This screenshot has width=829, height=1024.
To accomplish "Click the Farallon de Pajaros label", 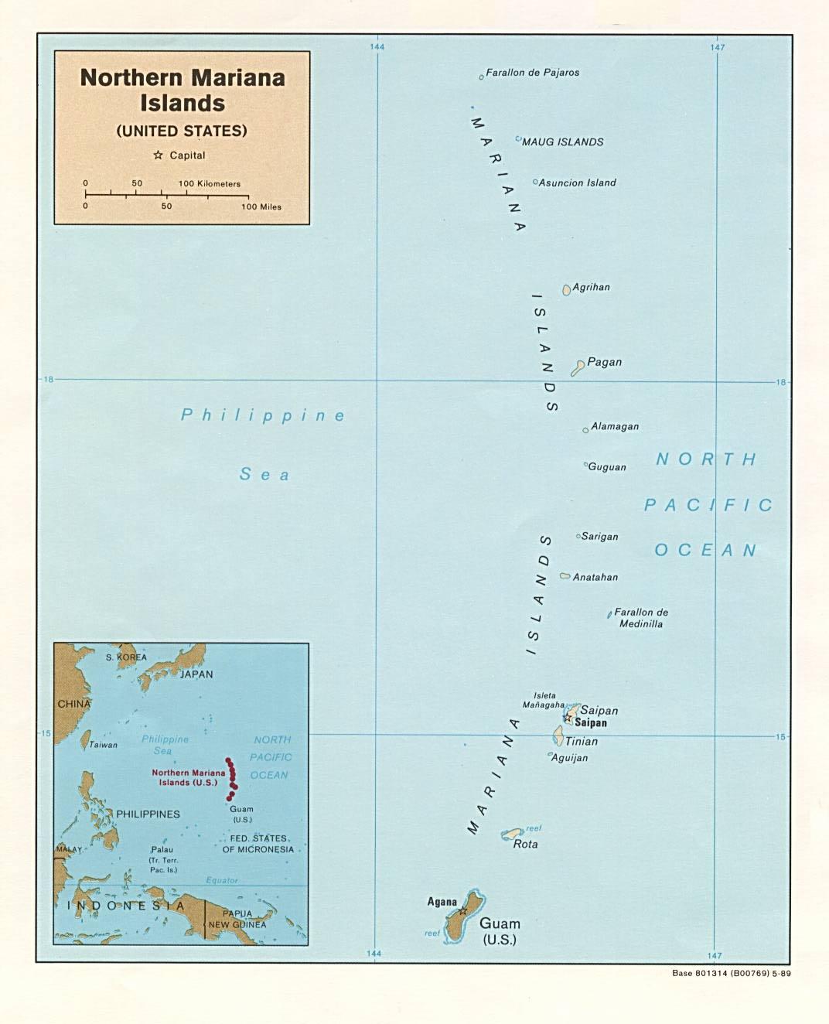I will click(532, 73).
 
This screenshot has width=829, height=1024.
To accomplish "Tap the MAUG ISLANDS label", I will click(562, 142).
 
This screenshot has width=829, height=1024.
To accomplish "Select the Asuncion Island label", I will click(577, 183).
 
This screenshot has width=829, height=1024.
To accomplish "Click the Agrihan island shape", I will click(567, 290).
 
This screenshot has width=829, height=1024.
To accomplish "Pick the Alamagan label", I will click(615, 426).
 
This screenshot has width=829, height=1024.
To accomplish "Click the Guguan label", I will click(607, 467).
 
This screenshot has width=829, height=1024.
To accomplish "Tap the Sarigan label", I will click(599, 537).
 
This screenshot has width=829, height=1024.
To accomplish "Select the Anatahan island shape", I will click(565, 576).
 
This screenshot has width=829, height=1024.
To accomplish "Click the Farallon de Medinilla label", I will click(641, 618).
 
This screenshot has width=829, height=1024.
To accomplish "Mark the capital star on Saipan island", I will click(568, 719).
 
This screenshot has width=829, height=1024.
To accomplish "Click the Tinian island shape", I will click(558, 736).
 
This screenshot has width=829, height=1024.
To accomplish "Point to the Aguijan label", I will click(569, 758).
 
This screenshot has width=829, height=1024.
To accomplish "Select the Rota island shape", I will click(512, 834).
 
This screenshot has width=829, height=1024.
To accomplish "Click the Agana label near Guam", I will click(442, 902).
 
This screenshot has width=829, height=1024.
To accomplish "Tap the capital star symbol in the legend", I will click(159, 155).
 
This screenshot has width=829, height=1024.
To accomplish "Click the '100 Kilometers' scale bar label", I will click(210, 184).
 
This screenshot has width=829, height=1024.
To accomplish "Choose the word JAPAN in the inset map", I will click(196, 674).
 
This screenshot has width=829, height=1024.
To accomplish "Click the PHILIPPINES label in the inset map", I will click(148, 814).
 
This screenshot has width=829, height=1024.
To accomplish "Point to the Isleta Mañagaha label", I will click(544, 701).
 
